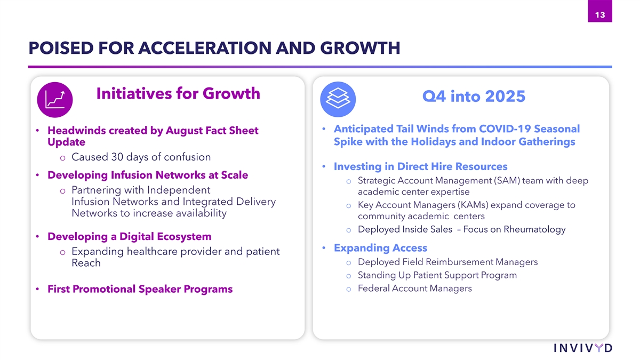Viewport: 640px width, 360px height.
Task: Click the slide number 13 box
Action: pos(599,11)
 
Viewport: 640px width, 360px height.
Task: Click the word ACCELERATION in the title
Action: pos(205,47)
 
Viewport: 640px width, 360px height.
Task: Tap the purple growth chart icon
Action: pos(55,100)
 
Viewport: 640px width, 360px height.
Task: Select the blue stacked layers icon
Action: pos(338,99)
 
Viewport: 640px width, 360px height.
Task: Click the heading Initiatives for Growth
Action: pos(178,93)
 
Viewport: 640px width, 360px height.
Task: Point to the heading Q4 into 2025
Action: pos(474,97)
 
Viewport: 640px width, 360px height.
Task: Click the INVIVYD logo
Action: pos(583,348)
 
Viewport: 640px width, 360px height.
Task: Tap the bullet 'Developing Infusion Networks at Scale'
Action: pos(148,175)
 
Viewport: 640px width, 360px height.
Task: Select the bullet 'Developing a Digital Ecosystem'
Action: pos(130,237)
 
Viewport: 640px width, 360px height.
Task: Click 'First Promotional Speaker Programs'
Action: pos(140,289)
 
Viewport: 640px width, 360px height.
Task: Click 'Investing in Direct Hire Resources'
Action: pos(421,166)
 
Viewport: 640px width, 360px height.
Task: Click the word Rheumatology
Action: pos(534,229)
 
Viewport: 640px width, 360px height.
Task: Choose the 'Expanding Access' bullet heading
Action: pos(381,247)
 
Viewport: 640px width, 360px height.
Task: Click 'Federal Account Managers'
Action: pos(415,289)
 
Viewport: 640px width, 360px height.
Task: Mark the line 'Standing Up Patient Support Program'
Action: pos(437,275)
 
